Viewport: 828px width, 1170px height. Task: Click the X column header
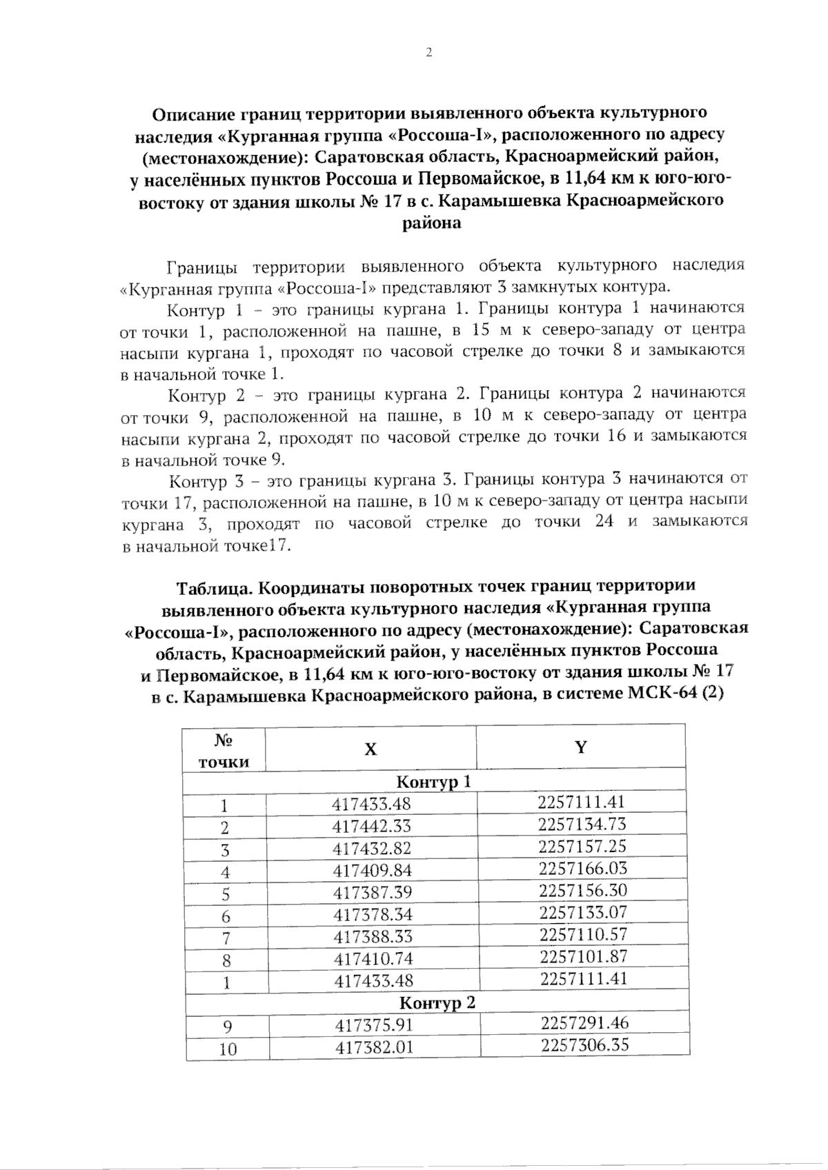click(x=371, y=749)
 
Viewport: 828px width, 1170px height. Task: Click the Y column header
click(x=581, y=747)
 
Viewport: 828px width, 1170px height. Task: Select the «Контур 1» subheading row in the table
click(x=434, y=782)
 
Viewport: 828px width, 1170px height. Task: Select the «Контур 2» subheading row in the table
click(x=438, y=1002)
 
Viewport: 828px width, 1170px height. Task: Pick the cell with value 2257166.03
click(x=582, y=868)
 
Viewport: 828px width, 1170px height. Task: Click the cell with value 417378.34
click(x=373, y=915)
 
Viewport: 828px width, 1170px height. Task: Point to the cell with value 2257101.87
click(x=584, y=956)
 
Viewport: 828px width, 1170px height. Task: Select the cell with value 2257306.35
click(x=585, y=1045)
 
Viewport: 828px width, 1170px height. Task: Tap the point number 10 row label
click(x=228, y=1049)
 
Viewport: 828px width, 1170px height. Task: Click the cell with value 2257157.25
click(x=582, y=846)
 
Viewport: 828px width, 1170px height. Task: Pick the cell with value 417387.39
click(x=373, y=893)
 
